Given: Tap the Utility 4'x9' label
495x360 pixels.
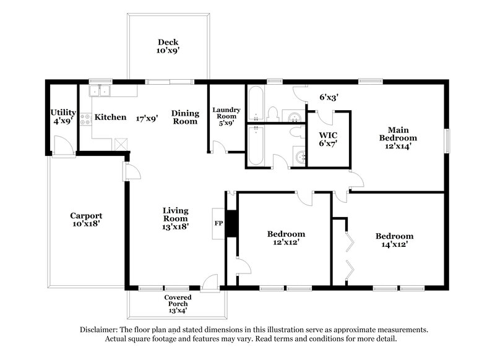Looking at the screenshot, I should coord(63,118).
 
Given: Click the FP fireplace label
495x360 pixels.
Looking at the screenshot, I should coord(218,222).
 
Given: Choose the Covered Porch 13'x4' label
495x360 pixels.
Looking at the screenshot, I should coord(177,304).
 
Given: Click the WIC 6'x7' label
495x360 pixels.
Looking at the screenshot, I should coord(328,139).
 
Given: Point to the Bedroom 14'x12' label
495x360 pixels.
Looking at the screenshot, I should coord(394,240).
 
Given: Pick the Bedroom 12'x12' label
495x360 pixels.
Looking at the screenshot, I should coord(285,238).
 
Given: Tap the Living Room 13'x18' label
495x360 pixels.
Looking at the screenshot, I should coord(175,219).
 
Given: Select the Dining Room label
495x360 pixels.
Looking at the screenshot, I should coord(185,117).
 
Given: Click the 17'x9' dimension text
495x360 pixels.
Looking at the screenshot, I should coord(147,117).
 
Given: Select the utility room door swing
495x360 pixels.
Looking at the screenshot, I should coord(61,146).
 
